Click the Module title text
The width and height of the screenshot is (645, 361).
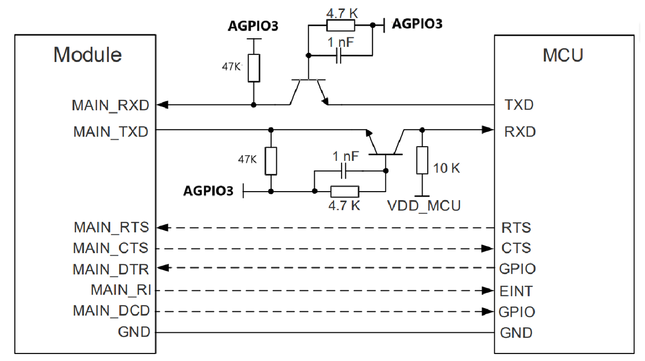point(88,54)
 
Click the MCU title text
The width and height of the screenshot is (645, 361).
point(563,55)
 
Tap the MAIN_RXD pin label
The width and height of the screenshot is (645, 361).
point(110,105)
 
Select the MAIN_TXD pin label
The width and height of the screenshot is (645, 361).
point(111,132)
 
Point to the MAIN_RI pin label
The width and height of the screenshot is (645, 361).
point(121,290)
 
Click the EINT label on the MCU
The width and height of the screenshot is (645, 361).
point(515,291)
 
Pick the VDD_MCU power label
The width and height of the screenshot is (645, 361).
point(424,206)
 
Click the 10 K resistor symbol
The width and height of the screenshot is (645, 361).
point(422,160)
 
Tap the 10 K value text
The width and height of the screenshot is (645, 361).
point(446,168)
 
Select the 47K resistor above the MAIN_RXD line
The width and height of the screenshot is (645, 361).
point(253,68)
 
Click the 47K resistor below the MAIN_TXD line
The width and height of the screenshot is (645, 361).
point(271,161)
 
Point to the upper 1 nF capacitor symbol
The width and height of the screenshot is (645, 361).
point(339,55)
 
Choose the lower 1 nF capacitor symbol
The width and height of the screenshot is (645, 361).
point(343,171)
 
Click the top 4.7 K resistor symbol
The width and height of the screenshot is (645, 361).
point(341,25)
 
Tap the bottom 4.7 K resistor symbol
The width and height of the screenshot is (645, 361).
point(345,192)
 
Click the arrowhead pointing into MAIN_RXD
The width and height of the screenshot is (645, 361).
point(162,104)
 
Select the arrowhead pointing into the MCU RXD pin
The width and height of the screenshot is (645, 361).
point(488,130)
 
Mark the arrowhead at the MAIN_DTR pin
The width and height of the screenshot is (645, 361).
point(163,268)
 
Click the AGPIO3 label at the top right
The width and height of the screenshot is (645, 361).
point(417,24)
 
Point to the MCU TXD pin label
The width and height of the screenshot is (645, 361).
point(519,105)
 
